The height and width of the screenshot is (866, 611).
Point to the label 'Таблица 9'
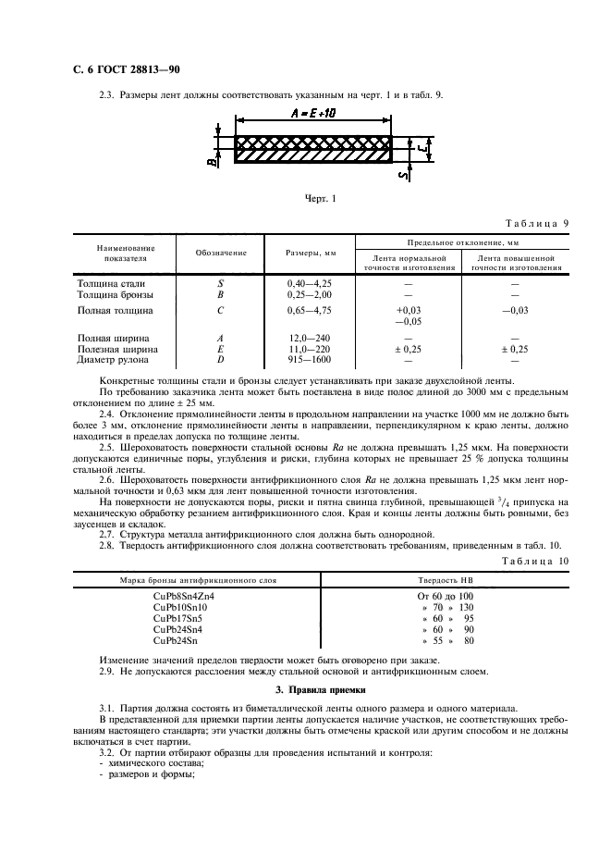coord(537,224)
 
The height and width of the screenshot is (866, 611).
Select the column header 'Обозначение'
coord(219,253)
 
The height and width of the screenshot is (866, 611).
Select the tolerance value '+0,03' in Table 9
coord(408,311)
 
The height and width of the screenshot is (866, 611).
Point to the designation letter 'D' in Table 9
coord(220,359)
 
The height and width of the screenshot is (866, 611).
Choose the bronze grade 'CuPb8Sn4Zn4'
coord(183,596)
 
